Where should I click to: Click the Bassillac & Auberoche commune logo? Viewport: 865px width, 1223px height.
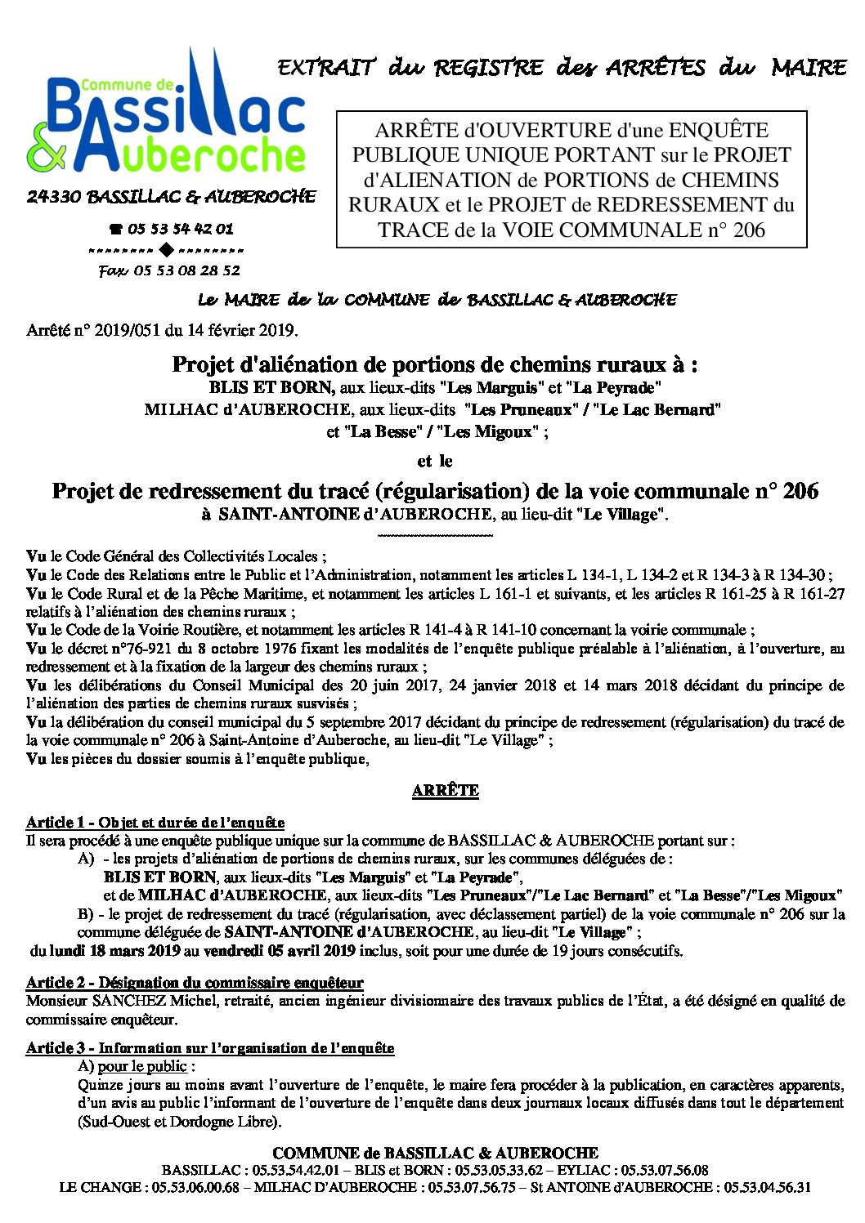(168, 114)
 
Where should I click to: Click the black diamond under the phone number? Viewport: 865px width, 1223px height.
(166, 250)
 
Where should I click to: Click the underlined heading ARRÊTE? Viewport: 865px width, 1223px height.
(445, 790)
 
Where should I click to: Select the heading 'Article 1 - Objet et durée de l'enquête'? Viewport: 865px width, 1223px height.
(155, 822)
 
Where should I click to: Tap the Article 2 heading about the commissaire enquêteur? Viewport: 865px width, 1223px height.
(195, 982)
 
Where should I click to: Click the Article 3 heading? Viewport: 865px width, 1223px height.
(210, 1047)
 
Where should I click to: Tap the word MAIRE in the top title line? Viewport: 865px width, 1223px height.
(808, 67)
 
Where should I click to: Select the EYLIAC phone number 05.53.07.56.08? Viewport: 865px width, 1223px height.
(665, 1170)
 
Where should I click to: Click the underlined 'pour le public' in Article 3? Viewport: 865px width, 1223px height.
(143, 1066)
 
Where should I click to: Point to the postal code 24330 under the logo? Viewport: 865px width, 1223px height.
(53, 197)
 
